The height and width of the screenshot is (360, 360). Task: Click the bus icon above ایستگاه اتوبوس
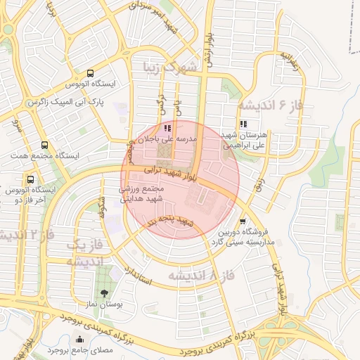pyautogui.click(x=90, y=73)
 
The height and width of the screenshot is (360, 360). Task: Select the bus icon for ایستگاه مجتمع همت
pyautogui.click(x=45, y=145)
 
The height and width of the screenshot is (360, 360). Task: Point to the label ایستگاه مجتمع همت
pyautogui.click(x=44, y=155)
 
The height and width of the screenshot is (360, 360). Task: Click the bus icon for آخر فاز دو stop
pyautogui.click(x=30, y=179)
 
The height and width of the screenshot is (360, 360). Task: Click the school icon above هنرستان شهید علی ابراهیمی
pyautogui.click(x=243, y=124)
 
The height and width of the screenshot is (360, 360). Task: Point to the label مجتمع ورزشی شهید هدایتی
pyautogui.click(x=142, y=195)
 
